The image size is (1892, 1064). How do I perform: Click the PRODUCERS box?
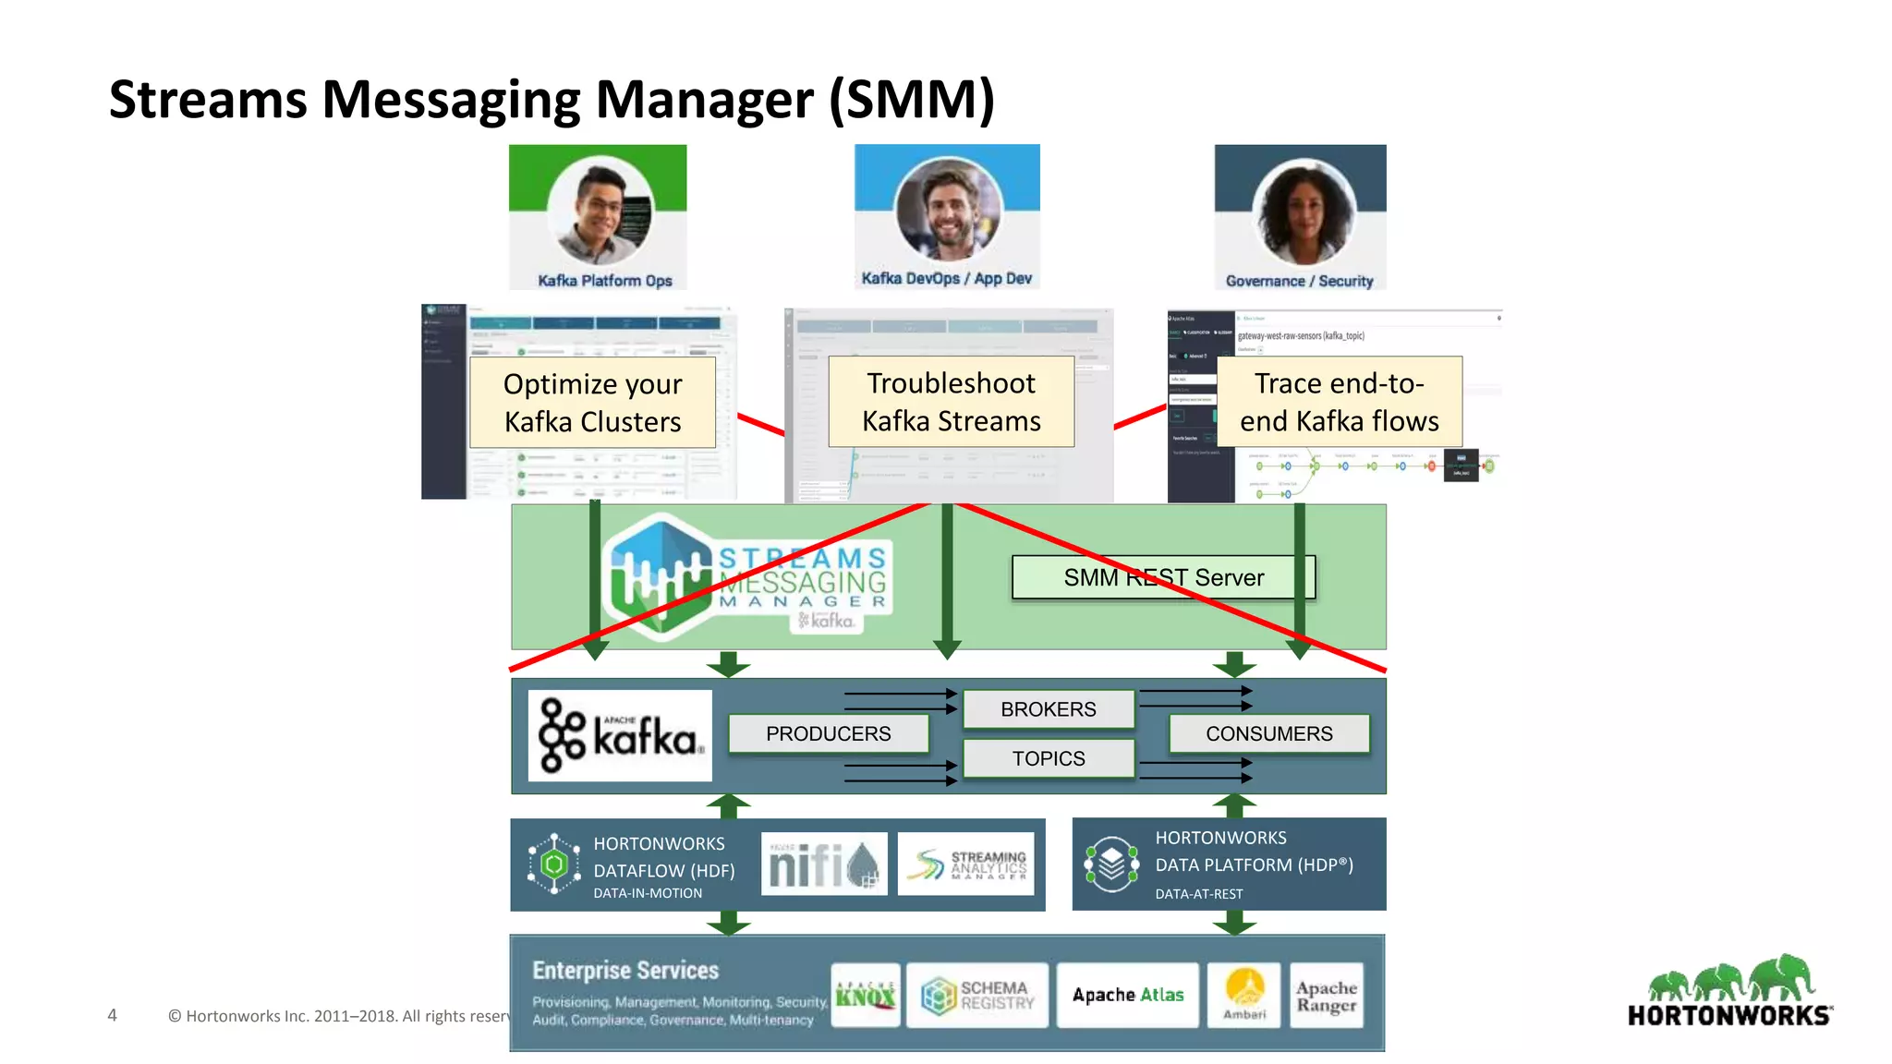[x=828, y=733]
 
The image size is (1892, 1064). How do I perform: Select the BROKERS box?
[x=1048, y=709]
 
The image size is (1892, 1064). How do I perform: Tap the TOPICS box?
[x=1048, y=758]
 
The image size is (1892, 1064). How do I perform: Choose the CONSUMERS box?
[x=1268, y=733]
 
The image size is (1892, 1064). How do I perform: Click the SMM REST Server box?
[x=1163, y=577]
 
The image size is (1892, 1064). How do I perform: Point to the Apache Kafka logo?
[x=620, y=736]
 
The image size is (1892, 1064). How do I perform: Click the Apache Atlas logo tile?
[x=1127, y=995]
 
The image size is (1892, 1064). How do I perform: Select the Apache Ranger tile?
[x=1326, y=996]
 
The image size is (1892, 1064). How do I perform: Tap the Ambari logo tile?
[x=1244, y=995]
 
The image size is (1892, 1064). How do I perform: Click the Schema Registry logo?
[x=977, y=996]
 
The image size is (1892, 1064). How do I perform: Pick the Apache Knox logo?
[x=866, y=996]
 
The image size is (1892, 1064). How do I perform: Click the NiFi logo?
[x=823, y=864]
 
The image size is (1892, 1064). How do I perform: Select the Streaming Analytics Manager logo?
[x=964, y=864]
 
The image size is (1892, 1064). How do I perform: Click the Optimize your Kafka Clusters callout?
[x=592, y=403]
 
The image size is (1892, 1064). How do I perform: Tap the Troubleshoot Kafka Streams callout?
[x=951, y=402]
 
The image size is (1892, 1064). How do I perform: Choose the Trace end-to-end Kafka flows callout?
[x=1339, y=402]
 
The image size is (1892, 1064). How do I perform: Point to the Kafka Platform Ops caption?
[x=604, y=281]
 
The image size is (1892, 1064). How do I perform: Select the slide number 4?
[x=112, y=1015]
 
